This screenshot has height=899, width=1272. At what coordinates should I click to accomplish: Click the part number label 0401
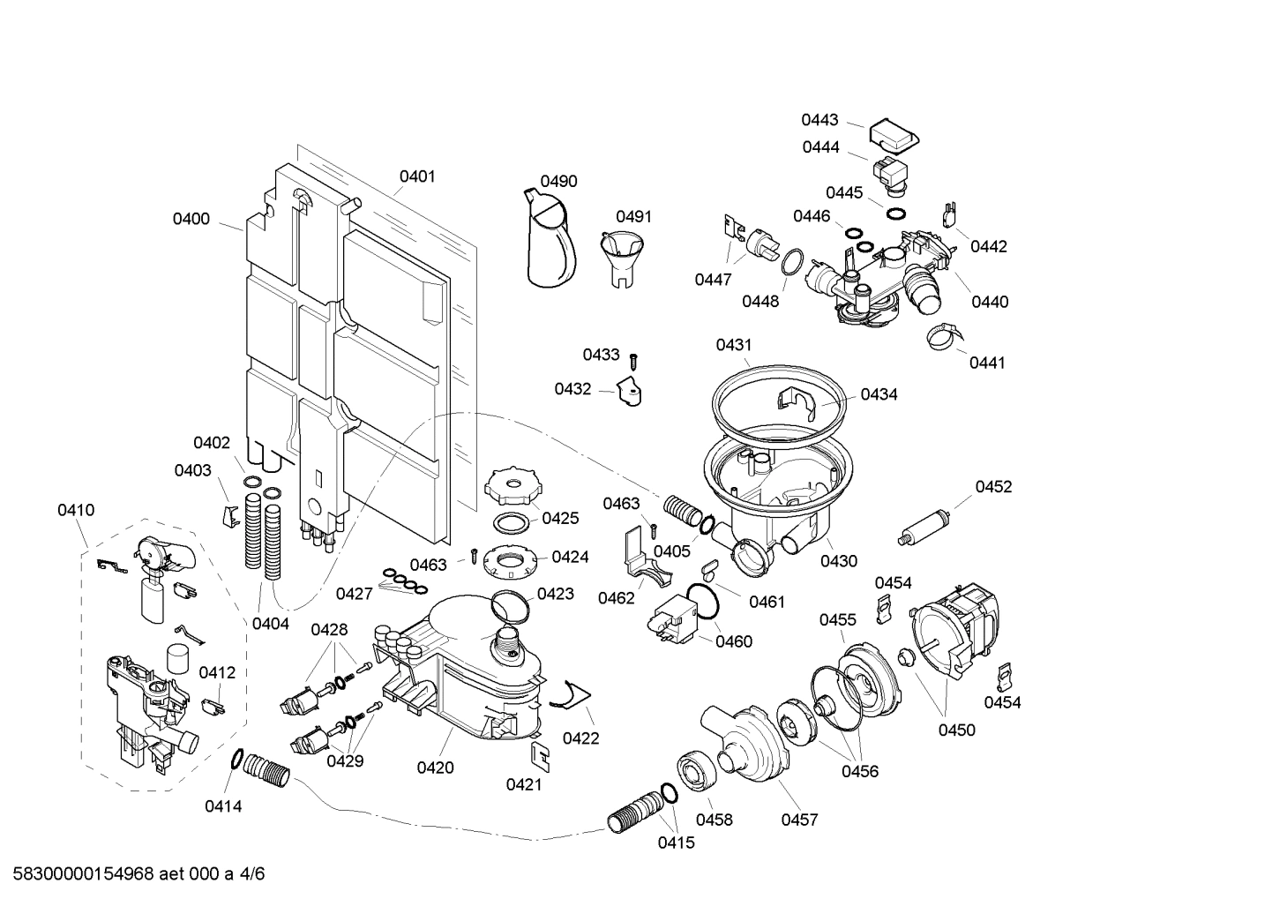tap(417, 176)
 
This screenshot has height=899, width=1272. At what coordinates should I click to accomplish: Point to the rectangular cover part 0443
tap(894, 134)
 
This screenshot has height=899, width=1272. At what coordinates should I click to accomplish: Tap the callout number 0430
tap(838, 560)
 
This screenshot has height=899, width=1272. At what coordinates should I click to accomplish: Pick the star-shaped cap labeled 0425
tap(512, 487)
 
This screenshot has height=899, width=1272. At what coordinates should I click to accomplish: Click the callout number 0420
tap(435, 768)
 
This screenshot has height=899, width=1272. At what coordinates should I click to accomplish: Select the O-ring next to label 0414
tap(236, 759)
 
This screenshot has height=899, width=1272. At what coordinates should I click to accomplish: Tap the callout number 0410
tap(76, 510)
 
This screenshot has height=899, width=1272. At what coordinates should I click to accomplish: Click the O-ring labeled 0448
tap(791, 262)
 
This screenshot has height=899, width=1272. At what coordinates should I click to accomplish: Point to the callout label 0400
tap(191, 219)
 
